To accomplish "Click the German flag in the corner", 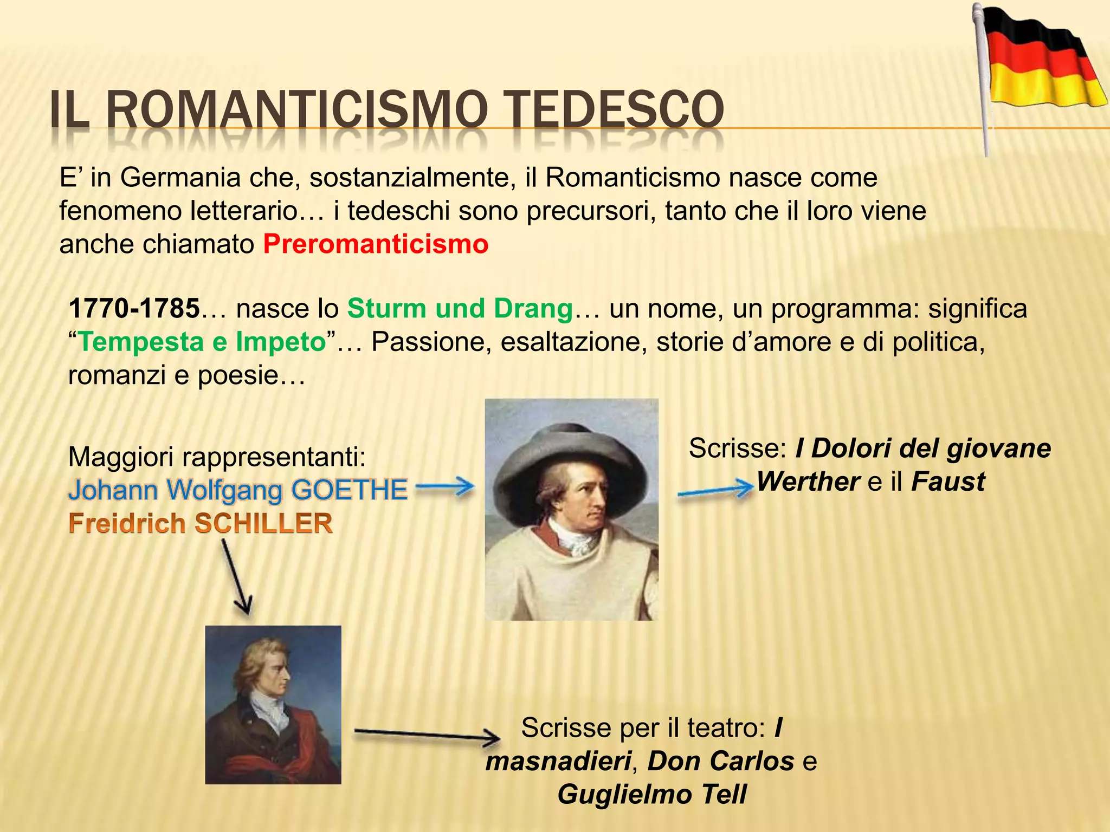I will [1043, 60].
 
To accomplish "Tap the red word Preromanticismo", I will [376, 244].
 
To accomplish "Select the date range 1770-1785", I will [134, 309].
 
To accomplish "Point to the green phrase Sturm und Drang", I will [460, 309].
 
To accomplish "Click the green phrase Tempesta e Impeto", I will [202, 342].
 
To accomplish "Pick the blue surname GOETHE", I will [349, 490].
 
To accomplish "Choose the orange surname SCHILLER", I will [263, 524].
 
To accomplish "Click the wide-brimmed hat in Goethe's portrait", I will [569, 455].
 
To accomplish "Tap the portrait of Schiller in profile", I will [273, 704].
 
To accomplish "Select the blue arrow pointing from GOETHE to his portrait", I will [445, 487].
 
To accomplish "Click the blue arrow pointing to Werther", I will [715, 491].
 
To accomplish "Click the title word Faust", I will [948, 482].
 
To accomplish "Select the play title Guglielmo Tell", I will [651, 795].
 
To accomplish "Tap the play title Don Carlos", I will [721, 761].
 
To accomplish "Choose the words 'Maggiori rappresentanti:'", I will [217, 457].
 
